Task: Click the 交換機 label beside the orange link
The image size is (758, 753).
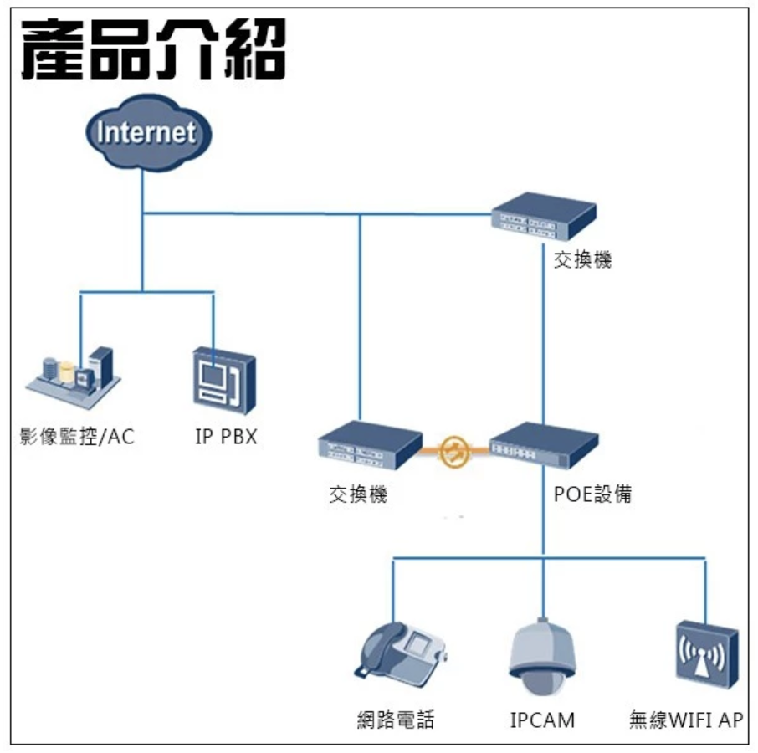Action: click(357, 495)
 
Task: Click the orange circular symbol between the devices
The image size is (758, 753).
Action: click(456, 450)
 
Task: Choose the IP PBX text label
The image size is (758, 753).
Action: click(226, 437)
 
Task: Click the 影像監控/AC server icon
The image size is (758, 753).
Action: click(74, 374)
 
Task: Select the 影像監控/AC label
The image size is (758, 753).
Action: click(77, 437)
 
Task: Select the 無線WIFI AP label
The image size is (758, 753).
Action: click(685, 720)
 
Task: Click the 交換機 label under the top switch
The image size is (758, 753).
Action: click(583, 260)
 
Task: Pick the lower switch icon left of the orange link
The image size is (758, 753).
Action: click(368, 450)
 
